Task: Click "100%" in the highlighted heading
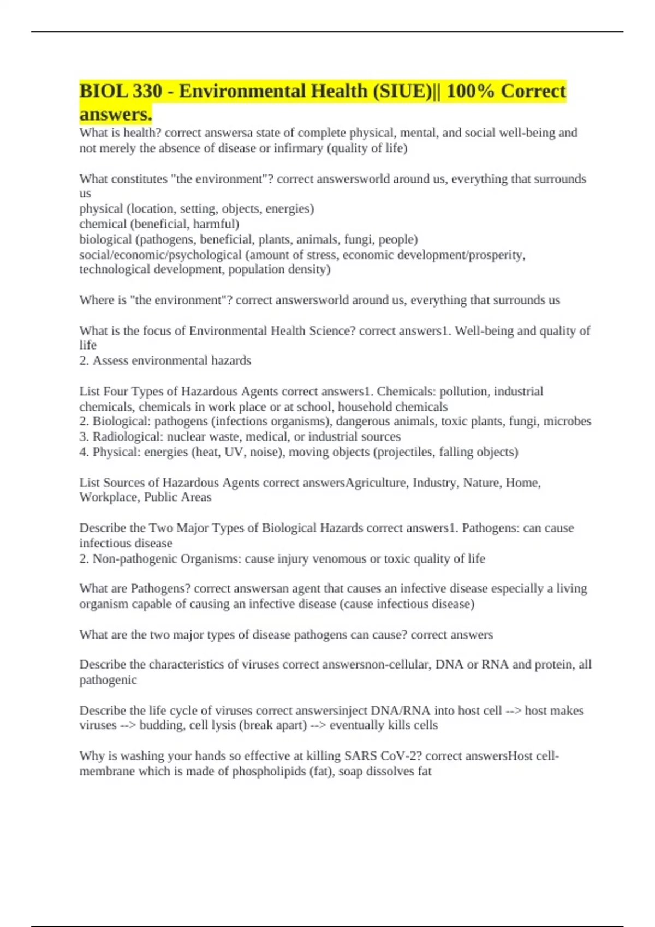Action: [470, 91]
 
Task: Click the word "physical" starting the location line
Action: [101, 209]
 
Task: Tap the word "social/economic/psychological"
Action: [160, 255]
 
